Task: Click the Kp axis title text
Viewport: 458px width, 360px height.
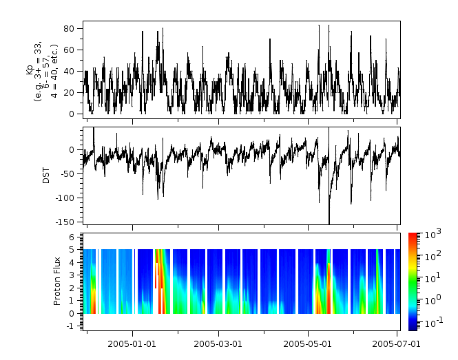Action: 39,70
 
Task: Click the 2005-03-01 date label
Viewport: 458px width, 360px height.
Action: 218,343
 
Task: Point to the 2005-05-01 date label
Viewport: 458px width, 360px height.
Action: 308,343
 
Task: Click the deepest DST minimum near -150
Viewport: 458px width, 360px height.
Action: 329,222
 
